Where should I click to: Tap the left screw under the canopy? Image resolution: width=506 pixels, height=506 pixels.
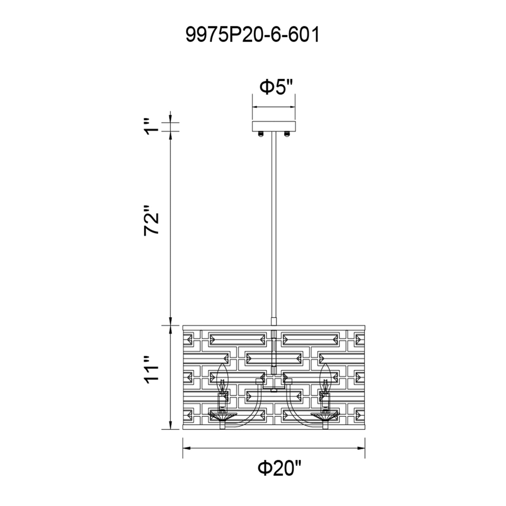point(260,134)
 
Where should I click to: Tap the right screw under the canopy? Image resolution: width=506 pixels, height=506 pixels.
point(287,134)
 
